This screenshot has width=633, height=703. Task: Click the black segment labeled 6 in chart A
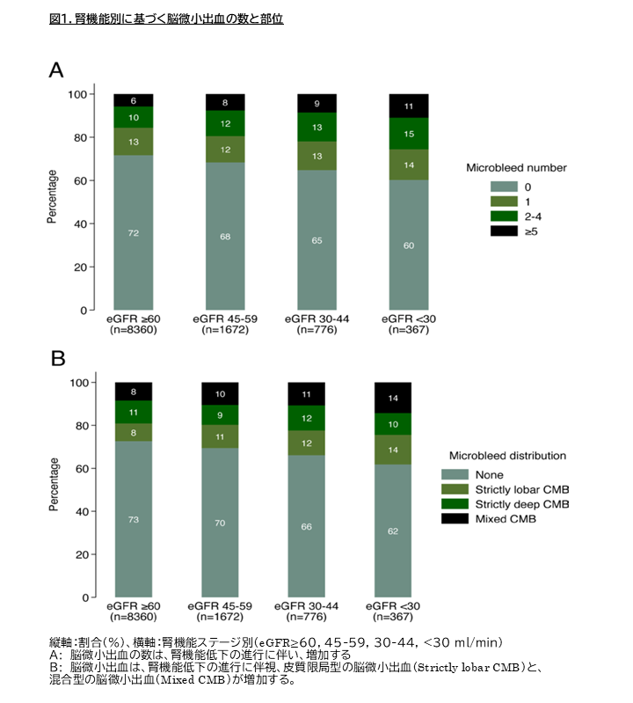click(x=133, y=100)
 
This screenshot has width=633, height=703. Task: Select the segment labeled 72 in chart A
click(x=133, y=232)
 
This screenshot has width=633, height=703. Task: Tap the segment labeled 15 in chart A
click(x=409, y=134)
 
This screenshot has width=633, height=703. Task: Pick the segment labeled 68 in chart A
click(x=225, y=237)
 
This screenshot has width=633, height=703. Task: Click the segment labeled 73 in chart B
click(x=134, y=519)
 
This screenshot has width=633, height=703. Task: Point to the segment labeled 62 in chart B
click(x=393, y=531)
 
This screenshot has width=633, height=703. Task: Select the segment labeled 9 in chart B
click(x=220, y=415)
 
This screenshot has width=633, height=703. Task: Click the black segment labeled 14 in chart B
click(x=393, y=398)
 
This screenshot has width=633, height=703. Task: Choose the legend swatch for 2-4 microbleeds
click(x=504, y=216)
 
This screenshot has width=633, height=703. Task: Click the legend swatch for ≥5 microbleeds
click(x=504, y=231)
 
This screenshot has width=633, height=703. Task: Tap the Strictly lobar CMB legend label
click(x=522, y=489)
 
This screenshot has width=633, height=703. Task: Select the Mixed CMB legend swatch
click(x=455, y=519)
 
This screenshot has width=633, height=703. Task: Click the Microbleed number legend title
click(x=516, y=168)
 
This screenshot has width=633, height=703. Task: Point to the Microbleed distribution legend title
click(x=507, y=456)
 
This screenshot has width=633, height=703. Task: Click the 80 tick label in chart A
click(x=80, y=137)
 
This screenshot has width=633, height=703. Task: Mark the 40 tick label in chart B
click(x=82, y=511)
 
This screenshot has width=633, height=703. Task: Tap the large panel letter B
click(x=58, y=358)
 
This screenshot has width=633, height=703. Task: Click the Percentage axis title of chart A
click(x=52, y=196)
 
